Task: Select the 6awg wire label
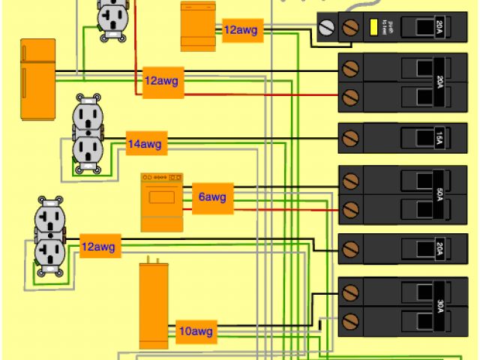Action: pyautogui.click(x=212, y=198)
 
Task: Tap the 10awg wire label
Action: pyautogui.click(x=196, y=331)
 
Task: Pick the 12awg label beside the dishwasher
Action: pyautogui.click(x=242, y=30)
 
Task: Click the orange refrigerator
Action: pyautogui.click(x=37, y=79)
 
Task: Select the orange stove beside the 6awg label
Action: pyautogui.click(x=161, y=202)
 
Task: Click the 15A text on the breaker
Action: pyautogui.click(x=439, y=138)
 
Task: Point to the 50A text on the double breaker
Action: pyautogui.click(x=439, y=193)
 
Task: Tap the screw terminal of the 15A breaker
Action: pyautogui.click(x=349, y=138)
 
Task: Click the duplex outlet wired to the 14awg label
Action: pyautogui.click(x=87, y=136)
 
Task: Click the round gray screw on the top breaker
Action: pyautogui.click(x=326, y=28)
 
